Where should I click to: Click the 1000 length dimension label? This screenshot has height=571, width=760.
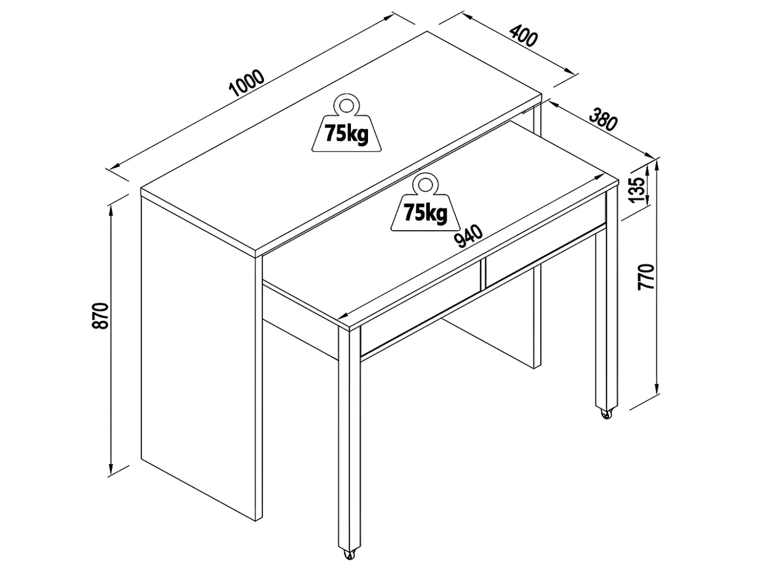click(247, 83)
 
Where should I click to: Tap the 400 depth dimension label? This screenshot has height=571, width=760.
click(524, 35)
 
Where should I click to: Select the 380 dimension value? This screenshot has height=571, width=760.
click(603, 119)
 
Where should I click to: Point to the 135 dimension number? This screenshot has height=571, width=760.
click(637, 190)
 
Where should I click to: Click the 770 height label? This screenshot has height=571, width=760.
click(646, 277)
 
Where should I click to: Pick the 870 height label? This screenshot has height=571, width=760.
click(101, 316)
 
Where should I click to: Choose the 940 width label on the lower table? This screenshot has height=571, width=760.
click(469, 237)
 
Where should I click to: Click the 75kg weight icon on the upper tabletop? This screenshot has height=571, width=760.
click(346, 122)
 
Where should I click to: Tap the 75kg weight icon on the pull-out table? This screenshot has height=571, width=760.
click(425, 202)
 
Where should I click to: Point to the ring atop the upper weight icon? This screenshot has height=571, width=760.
click(346, 104)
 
